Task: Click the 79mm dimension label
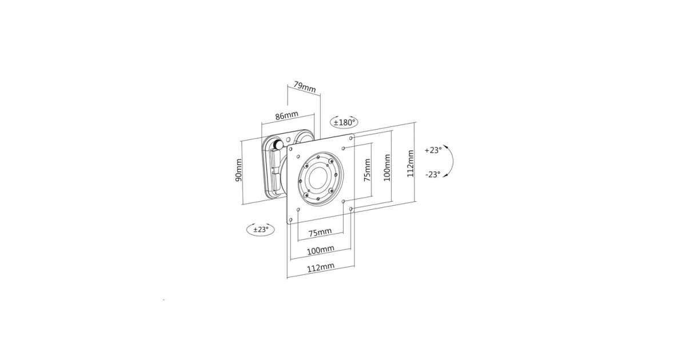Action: pos(305,87)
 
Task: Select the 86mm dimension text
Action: pos(286,115)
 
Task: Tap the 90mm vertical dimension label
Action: pos(238,170)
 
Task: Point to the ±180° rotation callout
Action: pos(344,122)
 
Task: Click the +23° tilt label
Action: pos(433,150)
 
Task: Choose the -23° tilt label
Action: pos(433,174)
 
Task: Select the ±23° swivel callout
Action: pos(261,229)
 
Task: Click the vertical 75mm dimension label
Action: pos(367,170)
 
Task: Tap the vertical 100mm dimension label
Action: pos(387,167)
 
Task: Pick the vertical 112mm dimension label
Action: pos(410,163)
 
